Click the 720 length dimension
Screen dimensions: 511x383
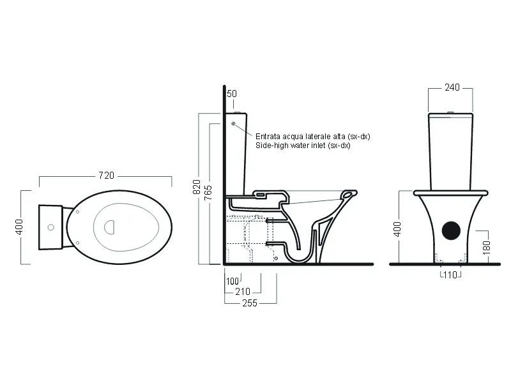[x=106, y=176]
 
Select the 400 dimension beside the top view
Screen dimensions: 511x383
[x=19, y=227]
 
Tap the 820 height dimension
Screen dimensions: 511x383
[x=197, y=187]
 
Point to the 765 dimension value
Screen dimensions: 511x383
[x=208, y=193]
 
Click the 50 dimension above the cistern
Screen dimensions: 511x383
[x=231, y=94]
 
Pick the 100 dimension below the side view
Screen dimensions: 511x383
[x=233, y=281]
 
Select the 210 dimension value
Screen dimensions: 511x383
[x=243, y=292]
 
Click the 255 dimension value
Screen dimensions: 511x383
[x=250, y=303]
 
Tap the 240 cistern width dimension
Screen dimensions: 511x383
[x=452, y=87]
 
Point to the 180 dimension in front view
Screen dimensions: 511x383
[x=486, y=248]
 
